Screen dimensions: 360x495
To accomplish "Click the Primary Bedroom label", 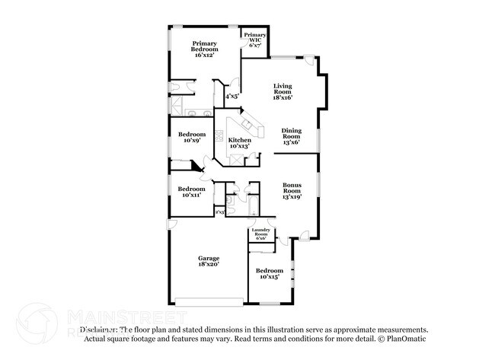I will [205, 49].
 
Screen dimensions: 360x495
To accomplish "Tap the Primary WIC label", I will [255, 40].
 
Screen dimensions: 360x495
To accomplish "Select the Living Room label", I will [283, 93].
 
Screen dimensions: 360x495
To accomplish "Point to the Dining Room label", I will [292, 136].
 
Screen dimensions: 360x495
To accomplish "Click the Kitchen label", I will [240, 143].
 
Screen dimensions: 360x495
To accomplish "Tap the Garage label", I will [209, 260].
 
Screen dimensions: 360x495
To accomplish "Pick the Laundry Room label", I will [260, 234].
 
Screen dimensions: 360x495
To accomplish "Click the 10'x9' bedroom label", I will [192, 138].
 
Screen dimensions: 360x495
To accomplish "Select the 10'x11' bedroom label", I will [192, 192].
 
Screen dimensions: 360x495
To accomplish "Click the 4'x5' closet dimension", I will [230, 97].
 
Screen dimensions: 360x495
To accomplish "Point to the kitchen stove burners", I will [220, 139].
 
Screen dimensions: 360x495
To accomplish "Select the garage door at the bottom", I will [208, 298].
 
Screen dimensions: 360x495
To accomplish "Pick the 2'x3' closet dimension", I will [220, 212].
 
